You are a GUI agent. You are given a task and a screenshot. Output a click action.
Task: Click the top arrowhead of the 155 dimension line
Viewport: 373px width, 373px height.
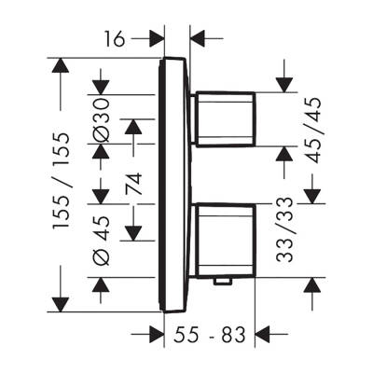coord(61,65)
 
